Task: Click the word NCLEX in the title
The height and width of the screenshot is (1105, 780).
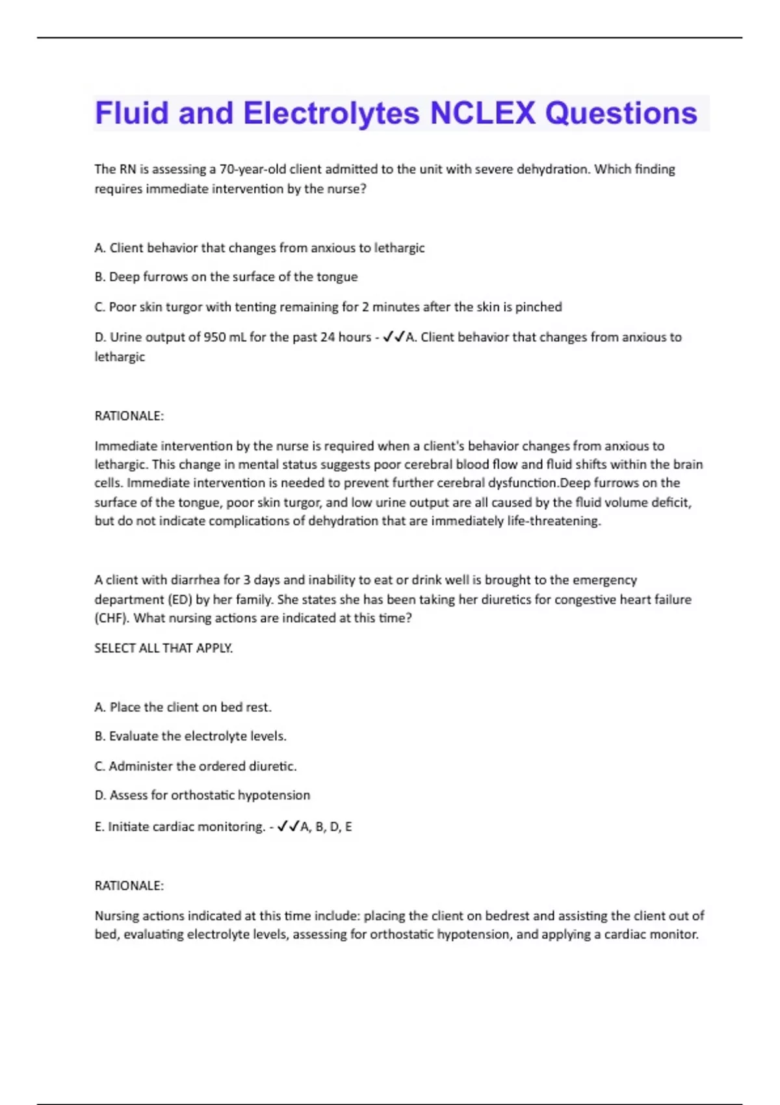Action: click(482, 113)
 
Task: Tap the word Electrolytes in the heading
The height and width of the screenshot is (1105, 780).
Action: click(331, 113)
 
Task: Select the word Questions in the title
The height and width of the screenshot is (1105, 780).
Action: click(621, 113)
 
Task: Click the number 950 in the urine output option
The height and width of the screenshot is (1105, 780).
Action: click(215, 337)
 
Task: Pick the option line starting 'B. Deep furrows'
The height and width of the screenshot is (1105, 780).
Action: click(226, 277)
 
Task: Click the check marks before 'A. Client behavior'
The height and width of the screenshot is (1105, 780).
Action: click(394, 337)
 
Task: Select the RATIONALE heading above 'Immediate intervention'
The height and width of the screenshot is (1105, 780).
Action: click(129, 416)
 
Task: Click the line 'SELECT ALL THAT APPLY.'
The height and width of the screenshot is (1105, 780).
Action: click(164, 648)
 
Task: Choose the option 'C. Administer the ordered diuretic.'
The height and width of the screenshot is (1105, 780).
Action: click(196, 766)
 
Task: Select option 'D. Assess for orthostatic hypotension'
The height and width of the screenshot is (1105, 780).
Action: click(202, 796)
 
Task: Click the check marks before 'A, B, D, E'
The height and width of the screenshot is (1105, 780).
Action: click(288, 827)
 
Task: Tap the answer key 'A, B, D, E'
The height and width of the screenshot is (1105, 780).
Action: click(326, 827)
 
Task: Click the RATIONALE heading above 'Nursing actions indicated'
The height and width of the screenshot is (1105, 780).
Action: click(129, 886)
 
